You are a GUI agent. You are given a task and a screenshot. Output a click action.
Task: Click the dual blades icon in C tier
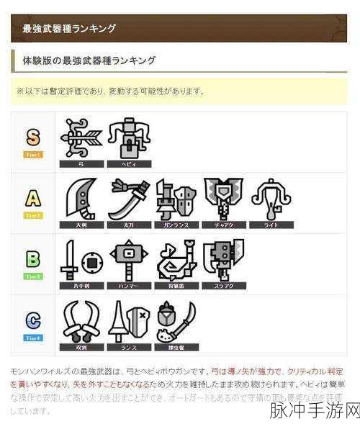(x=81, y=321)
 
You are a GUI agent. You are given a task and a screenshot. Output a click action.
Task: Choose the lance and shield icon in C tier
(x=128, y=321)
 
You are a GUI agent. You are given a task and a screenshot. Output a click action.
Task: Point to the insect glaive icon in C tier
(x=176, y=321)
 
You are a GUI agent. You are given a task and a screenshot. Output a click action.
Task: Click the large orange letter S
(x=33, y=137)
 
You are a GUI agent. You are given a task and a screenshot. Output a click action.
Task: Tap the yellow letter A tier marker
(x=33, y=198)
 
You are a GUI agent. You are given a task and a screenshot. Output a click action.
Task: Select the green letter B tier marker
(x=33, y=259)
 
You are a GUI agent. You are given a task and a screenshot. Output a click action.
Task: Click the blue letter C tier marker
(x=33, y=320)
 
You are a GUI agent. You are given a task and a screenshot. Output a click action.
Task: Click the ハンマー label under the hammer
(x=128, y=286)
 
